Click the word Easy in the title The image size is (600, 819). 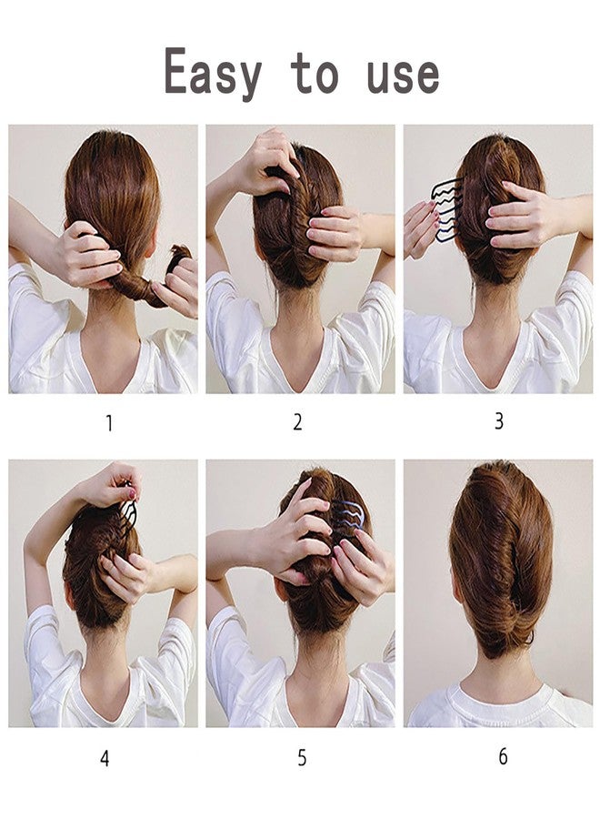tap(213, 72)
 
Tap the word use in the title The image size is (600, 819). tap(403, 75)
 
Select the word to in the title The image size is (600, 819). tap(315, 73)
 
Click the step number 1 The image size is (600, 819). tap(109, 423)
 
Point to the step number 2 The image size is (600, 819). tap(297, 422)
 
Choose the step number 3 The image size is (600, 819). tap(499, 420)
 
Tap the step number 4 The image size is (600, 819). tap(105, 758)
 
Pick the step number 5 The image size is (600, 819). tap(302, 758)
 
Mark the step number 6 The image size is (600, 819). tap(503, 756)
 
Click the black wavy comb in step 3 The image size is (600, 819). tap(446, 210)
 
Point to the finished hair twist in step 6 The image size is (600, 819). tap(500, 559)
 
